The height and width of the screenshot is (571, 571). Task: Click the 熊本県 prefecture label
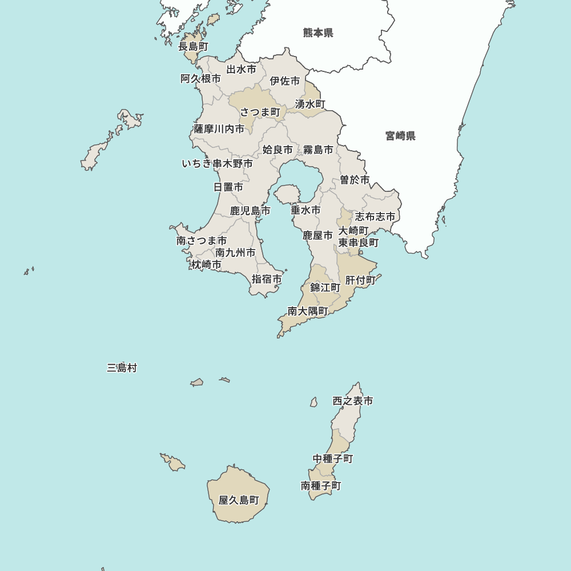[318, 33]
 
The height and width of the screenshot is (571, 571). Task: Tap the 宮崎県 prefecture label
[400, 136]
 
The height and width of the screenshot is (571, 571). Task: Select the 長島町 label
[193, 46]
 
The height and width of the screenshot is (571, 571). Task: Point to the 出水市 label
[241, 70]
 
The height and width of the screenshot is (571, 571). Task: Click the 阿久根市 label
[200, 79]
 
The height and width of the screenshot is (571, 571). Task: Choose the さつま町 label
[260, 111]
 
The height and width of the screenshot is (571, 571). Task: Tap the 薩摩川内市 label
[219, 129]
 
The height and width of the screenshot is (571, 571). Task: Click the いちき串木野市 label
[217, 164]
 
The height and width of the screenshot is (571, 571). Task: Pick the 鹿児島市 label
[250, 211]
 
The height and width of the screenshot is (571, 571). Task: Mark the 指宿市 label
[267, 279]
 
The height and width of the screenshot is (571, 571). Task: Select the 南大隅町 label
[308, 311]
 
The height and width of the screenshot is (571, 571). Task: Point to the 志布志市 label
[375, 217]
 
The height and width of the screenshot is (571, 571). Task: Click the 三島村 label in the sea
[122, 368]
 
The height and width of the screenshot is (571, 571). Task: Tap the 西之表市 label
[353, 401]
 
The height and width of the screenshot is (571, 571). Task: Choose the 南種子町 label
[321, 486]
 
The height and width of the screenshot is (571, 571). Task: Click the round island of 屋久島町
[238, 494]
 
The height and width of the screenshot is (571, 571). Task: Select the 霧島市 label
[318, 150]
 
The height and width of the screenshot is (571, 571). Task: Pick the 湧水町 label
[310, 104]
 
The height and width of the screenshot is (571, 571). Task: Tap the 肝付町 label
[360, 280]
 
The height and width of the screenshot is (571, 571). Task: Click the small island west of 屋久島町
[173, 463]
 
